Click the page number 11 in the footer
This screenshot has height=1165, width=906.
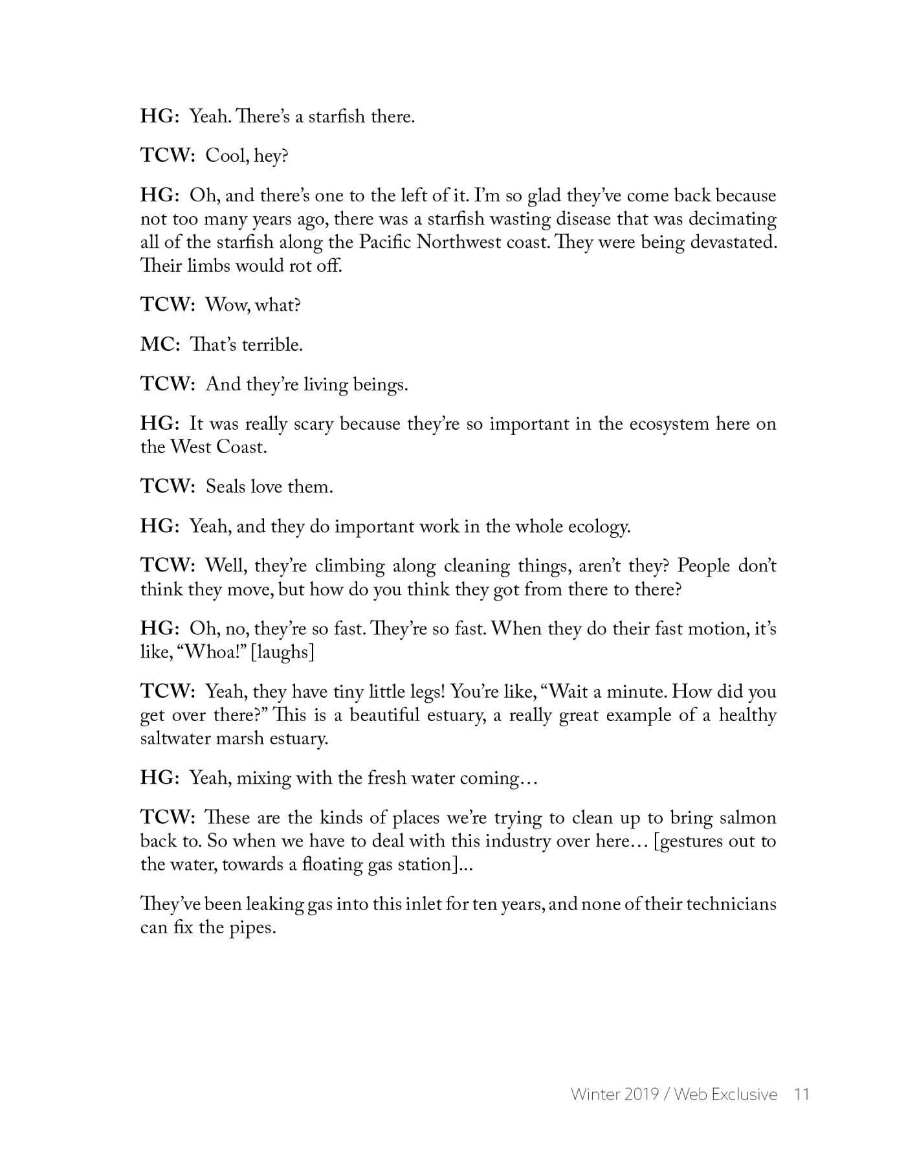pyautogui.click(x=801, y=1094)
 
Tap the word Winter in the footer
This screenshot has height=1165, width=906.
pyautogui.click(x=592, y=1094)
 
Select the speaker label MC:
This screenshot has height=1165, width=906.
pyautogui.click(x=160, y=345)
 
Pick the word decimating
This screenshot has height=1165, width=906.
pyautogui.click(x=732, y=219)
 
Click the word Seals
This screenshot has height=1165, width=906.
pyautogui.click(x=224, y=487)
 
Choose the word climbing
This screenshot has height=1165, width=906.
pyautogui.click(x=349, y=566)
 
